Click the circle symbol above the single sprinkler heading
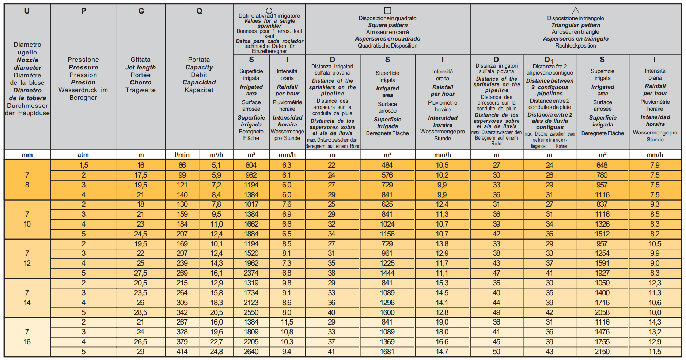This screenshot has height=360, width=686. (269, 11)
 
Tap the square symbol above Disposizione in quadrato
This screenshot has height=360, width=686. (388, 11)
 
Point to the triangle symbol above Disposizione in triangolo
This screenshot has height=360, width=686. (576, 11)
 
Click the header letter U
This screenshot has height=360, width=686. (27, 11)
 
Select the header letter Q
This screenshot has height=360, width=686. (199, 11)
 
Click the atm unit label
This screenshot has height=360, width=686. (83, 155)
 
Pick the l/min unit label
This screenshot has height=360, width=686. (182, 155)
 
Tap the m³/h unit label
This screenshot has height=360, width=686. (216, 155)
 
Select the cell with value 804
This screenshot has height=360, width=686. (251, 165)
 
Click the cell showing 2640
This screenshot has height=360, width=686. (251, 352)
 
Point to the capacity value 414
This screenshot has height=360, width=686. (182, 352)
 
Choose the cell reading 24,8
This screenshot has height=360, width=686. (216, 352)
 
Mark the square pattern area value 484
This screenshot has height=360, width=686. (387, 165)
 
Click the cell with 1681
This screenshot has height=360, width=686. (387, 352)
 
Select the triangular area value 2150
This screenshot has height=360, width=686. (602, 352)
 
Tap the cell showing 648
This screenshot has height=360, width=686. (602, 165)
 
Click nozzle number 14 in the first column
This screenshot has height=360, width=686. (27, 303)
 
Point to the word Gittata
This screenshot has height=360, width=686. (141, 60)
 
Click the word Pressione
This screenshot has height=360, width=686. (83, 60)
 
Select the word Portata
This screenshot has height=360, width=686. (199, 60)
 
